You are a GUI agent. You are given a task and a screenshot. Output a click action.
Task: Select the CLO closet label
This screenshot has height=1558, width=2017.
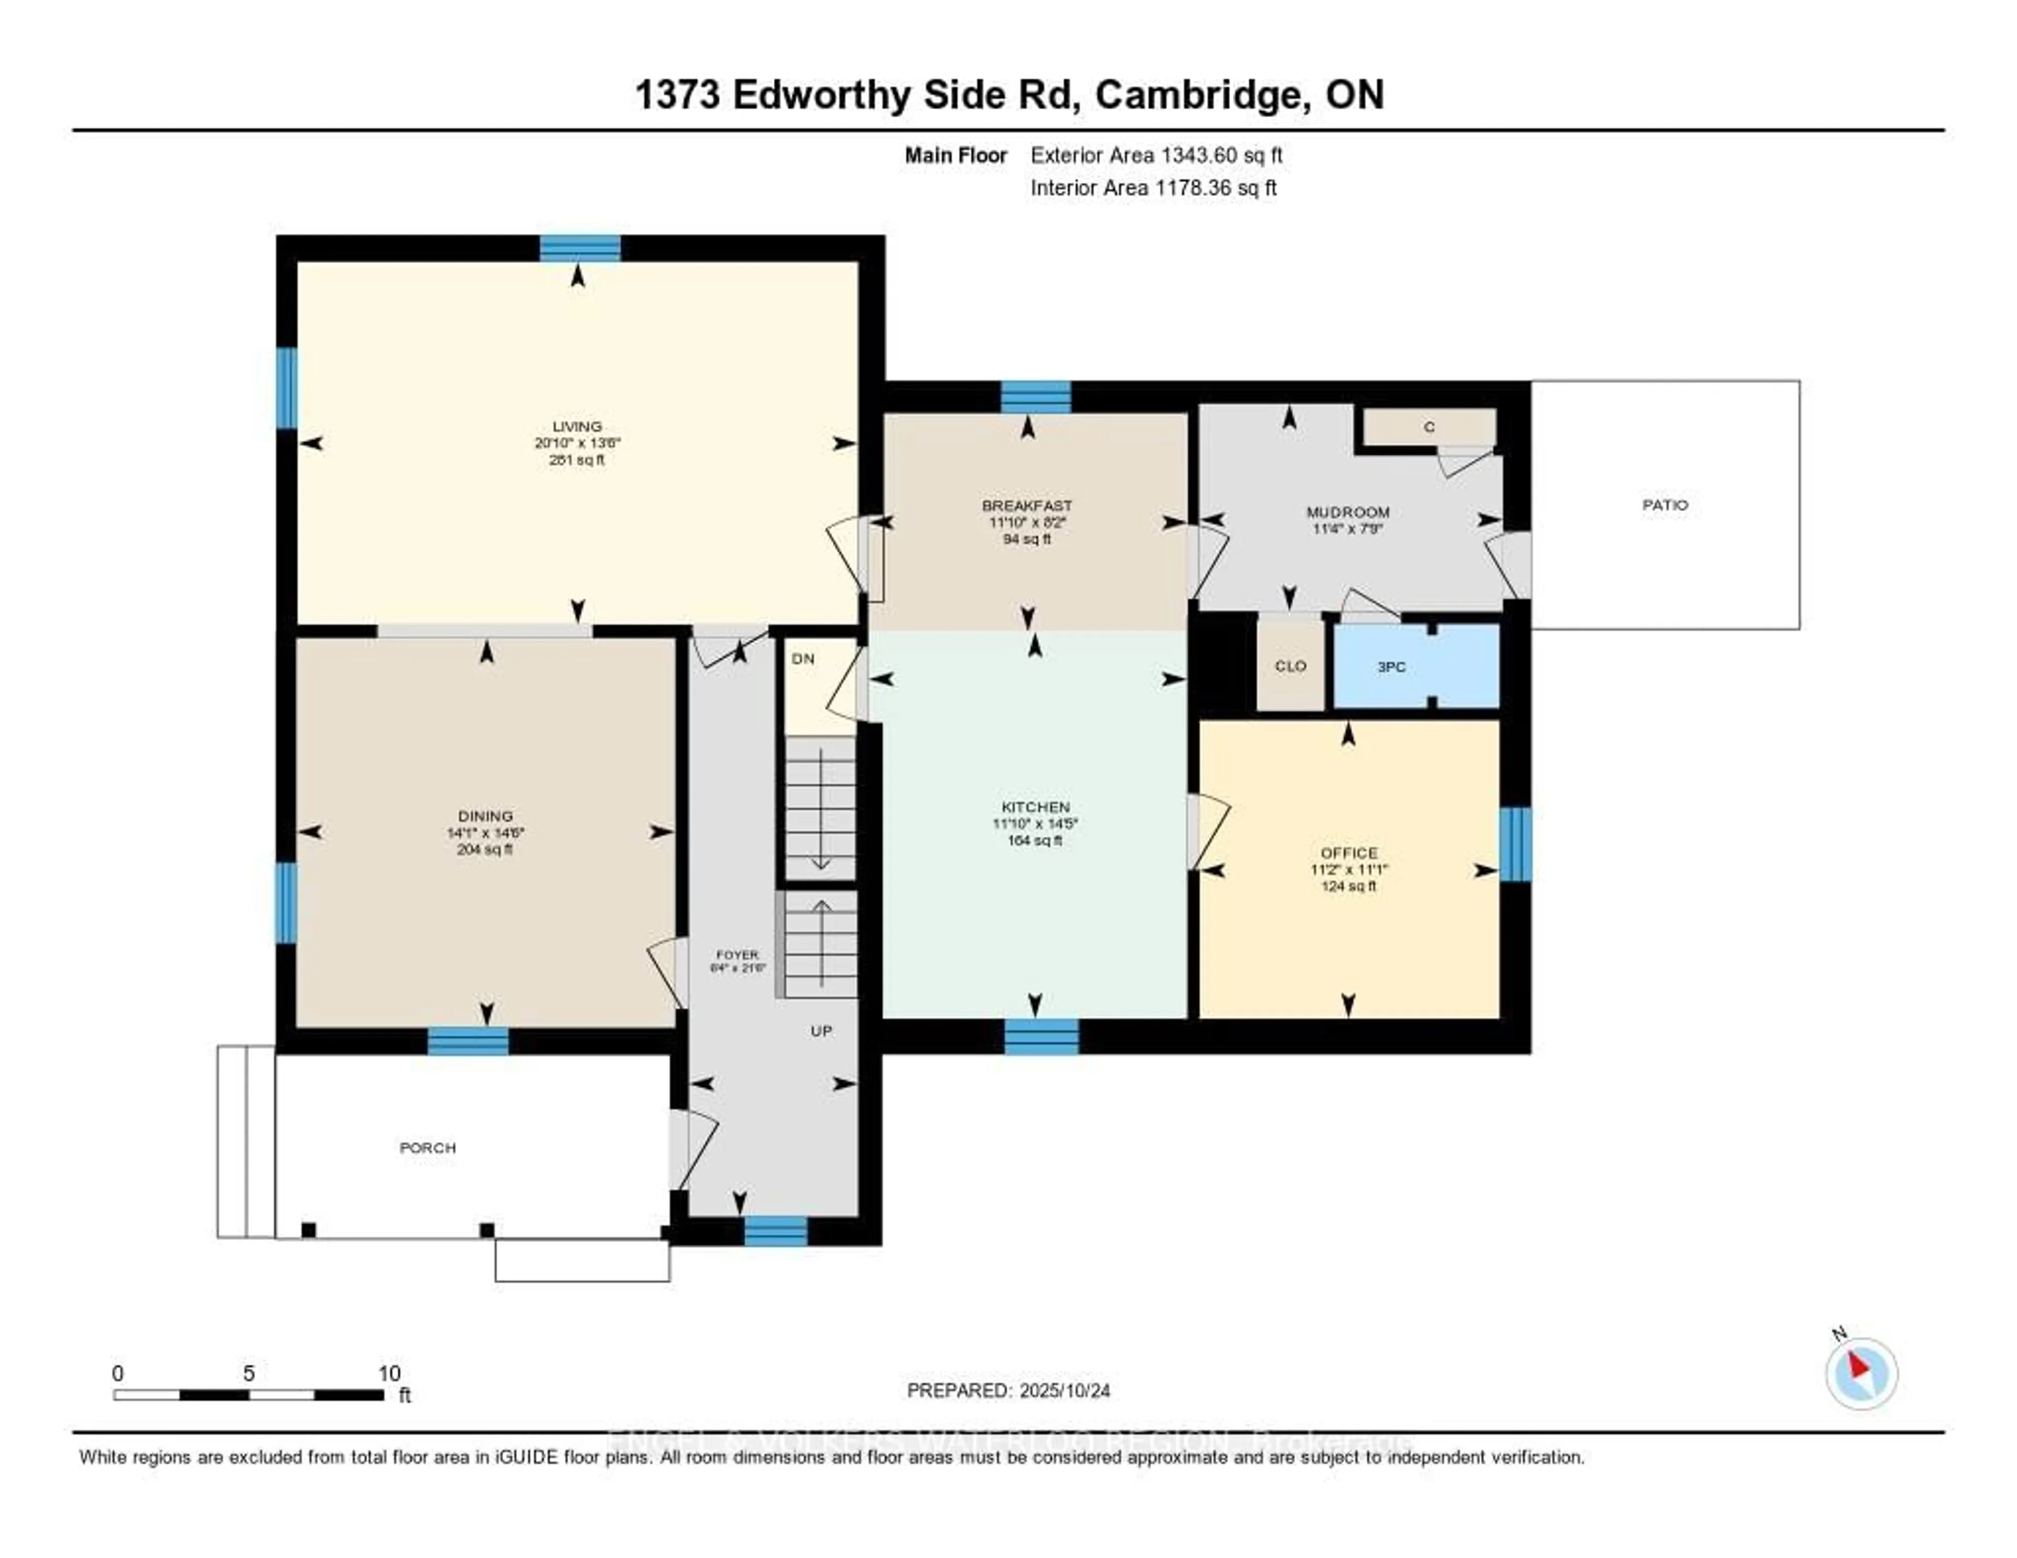(x=1290, y=666)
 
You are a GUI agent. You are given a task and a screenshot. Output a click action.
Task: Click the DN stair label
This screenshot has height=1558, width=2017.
(x=803, y=659)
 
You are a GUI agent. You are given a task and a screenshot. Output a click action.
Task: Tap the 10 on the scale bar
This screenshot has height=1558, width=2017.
(x=389, y=1373)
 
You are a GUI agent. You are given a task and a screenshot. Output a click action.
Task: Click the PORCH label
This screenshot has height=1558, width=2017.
(x=428, y=1148)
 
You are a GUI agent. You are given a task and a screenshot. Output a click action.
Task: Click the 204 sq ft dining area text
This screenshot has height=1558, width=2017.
(x=485, y=849)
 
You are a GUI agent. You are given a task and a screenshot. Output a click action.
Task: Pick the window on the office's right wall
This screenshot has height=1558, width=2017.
(x=1515, y=844)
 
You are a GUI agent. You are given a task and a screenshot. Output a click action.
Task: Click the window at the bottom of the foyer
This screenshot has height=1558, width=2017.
(x=776, y=1231)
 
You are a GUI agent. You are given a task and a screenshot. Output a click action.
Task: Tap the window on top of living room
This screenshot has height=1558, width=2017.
(x=580, y=248)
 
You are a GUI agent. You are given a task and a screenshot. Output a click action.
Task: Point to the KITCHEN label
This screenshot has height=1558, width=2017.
(x=1035, y=807)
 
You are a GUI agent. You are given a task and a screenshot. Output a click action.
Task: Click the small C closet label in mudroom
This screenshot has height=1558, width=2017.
(x=1429, y=427)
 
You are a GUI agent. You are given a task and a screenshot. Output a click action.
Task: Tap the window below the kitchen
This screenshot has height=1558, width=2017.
(x=1041, y=1036)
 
